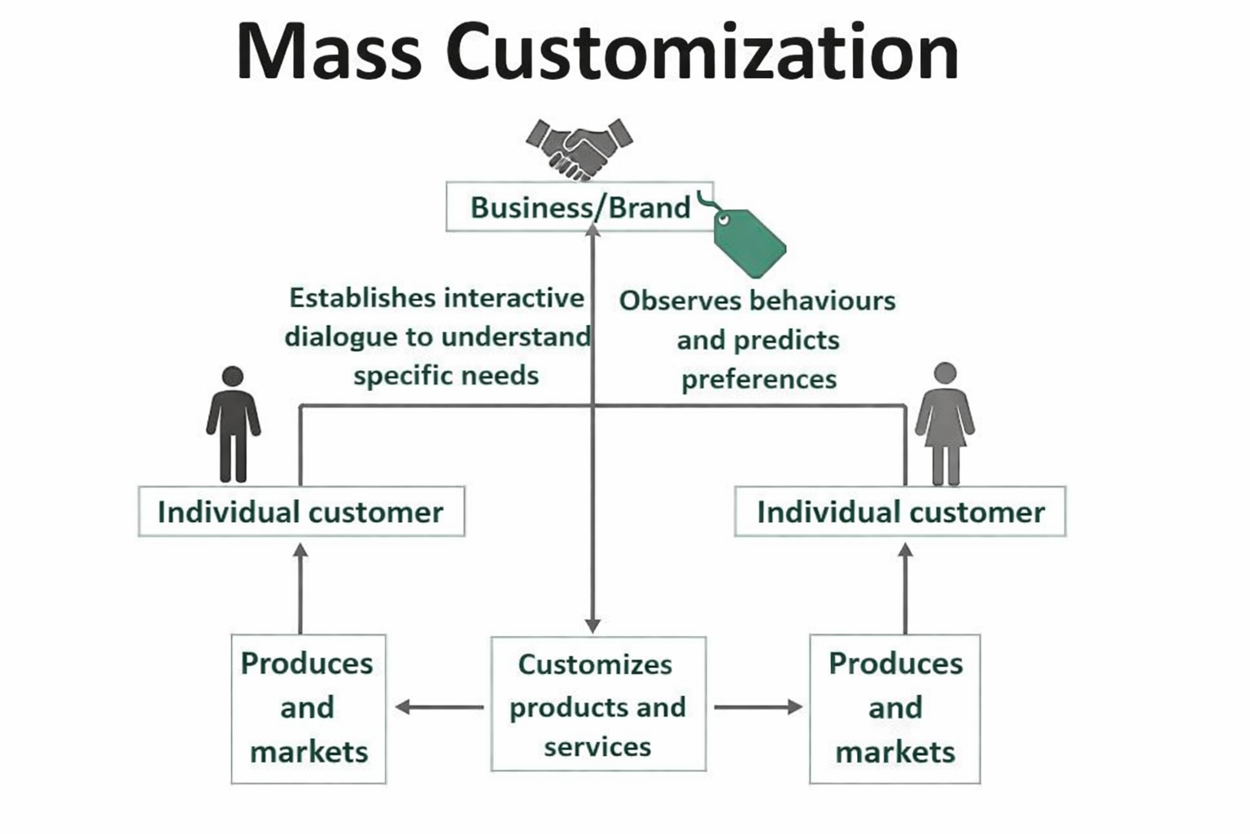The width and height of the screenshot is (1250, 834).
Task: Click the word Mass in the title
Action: (329, 51)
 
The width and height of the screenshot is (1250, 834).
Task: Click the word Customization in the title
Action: (702, 51)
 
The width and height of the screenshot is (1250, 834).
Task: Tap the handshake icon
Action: (579, 149)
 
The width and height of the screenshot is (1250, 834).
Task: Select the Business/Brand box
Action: (579, 208)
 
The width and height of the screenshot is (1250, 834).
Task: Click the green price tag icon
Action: (747, 240)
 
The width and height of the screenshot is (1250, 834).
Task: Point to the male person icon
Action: (234, 424)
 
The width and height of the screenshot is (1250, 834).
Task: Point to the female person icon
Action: (945, 424)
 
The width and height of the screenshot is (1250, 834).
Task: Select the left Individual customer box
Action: (301, 512)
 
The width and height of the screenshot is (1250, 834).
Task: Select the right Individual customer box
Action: (900, 512)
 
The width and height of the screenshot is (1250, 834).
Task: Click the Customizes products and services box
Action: (598, 705)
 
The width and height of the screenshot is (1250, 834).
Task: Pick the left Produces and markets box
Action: (308, 709)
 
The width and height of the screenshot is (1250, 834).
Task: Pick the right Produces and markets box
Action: (894, 709)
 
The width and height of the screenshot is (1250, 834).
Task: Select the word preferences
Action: (758, 380)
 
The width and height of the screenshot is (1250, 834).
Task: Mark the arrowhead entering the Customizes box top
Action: (593, 625)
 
